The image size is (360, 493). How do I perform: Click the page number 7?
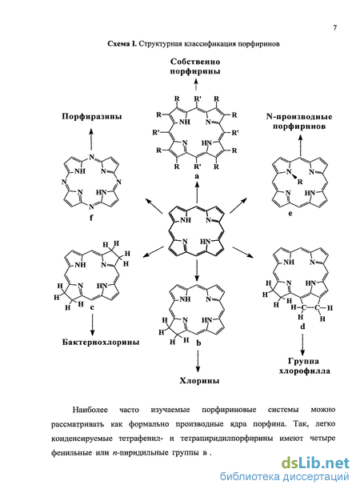point(335,28)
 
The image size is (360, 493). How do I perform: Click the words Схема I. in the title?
point(122,44)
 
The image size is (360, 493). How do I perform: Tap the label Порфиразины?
point(92,117)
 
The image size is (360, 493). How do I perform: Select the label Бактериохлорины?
point(101,342)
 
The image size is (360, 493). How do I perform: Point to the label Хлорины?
point(200,381)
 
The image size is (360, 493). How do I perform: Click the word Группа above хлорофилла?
point(303,361)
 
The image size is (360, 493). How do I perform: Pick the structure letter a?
point(197,176)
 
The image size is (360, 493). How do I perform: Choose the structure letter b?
point(198,343)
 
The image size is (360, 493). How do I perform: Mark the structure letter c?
point(92,307)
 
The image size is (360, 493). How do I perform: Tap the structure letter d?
point(302,327)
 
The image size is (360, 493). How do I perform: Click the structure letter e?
point(290,214)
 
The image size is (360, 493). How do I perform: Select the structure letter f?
point(91,217)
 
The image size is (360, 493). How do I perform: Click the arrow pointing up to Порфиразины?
point(91,139)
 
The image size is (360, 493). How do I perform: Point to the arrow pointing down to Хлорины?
point(198,362)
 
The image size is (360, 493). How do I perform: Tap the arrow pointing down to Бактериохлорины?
point(92,325)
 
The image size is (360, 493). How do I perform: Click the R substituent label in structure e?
point(300,182)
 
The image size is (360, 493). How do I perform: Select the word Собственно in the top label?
point(195,62)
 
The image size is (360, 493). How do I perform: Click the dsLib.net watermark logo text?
point(315,463)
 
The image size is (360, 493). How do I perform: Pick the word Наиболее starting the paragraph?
point(90,410)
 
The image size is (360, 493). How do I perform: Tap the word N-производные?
point(299,117)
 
